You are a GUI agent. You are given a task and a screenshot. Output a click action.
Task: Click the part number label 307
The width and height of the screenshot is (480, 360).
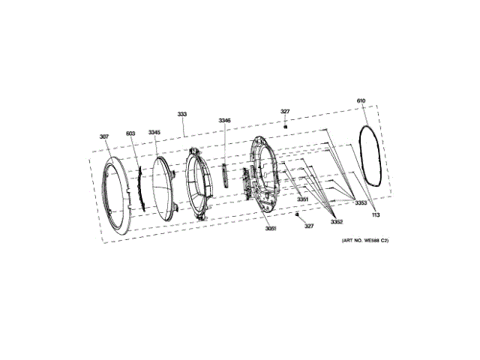[x=104, y=136]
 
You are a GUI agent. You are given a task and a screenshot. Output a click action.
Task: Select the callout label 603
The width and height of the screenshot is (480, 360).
[x=130, y=133]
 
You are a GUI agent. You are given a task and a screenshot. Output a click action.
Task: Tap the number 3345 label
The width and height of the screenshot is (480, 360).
[x=154, y=132]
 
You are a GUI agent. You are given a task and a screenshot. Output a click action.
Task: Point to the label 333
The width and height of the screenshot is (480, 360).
[x=181, y=114]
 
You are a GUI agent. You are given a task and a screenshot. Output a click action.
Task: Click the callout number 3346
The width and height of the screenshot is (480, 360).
[x=224, y=121]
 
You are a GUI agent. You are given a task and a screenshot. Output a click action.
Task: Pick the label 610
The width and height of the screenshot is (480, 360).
[x=361, y=100]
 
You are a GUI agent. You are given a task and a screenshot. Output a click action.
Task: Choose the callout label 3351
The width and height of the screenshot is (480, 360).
[x=302, y=199]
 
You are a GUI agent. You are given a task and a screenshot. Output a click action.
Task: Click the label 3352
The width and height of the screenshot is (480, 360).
[x=337, y=222]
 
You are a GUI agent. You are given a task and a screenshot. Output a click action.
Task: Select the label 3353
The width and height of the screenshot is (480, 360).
[x=361, y=202]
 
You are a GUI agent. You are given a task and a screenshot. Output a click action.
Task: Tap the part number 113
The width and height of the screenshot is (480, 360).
[x=376, y=215]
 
